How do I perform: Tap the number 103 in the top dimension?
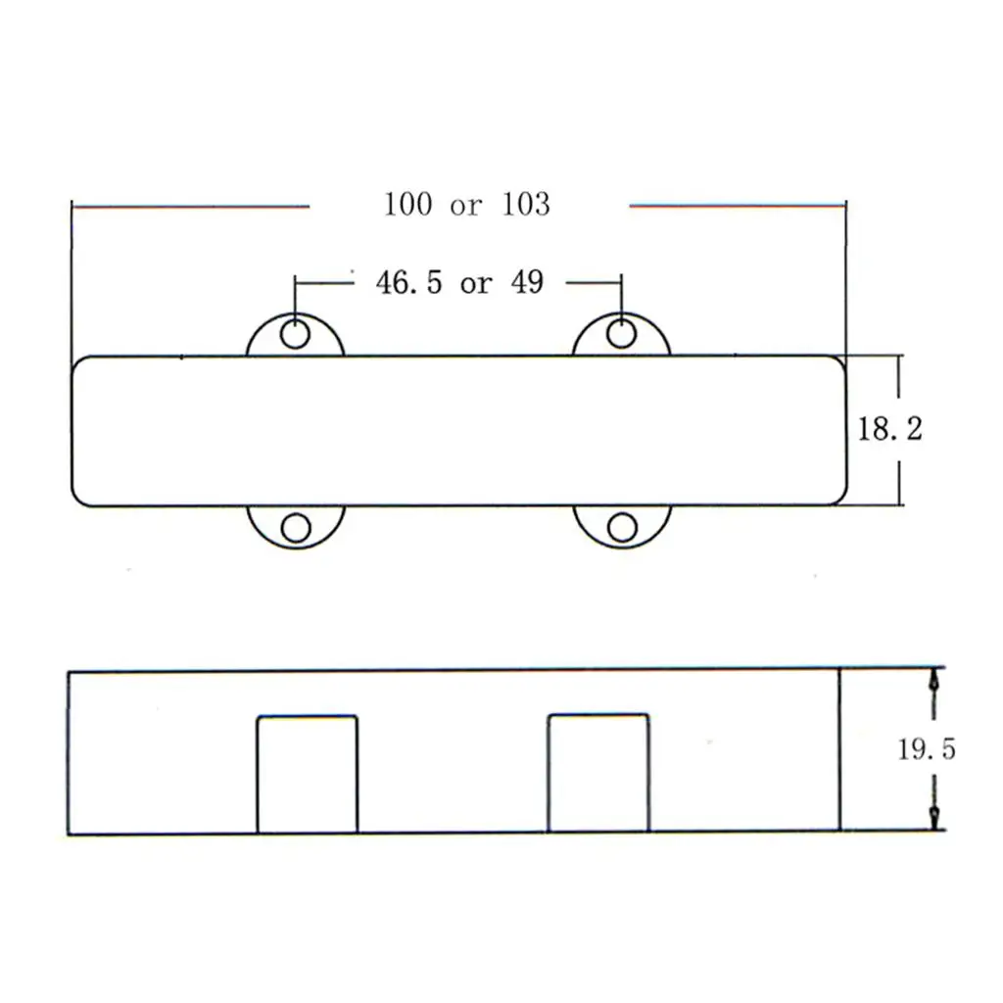click(526, 205)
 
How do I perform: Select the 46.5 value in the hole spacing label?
click(409, 283)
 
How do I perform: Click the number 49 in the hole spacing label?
click(526, 283)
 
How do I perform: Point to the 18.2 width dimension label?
click(890, 429)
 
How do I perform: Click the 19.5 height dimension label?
click(926, 750)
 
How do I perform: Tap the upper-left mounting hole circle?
click(295, 334)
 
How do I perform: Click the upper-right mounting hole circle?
click(620, 334)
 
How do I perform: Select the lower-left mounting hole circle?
click(295, 529)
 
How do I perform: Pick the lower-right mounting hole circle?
click(620, 529)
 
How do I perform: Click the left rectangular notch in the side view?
click(307, 774)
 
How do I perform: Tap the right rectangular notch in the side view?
click(597, 774)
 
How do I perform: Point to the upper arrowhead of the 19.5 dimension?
click(934, 680)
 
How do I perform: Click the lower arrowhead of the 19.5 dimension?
click(934, 819)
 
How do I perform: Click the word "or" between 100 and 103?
click(466, 207)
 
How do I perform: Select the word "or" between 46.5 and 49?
click(475, 285)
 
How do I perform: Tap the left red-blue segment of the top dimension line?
click(191, 206)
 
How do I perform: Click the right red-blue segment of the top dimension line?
click(737, 206)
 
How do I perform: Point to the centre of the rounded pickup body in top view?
click(458, 431)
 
